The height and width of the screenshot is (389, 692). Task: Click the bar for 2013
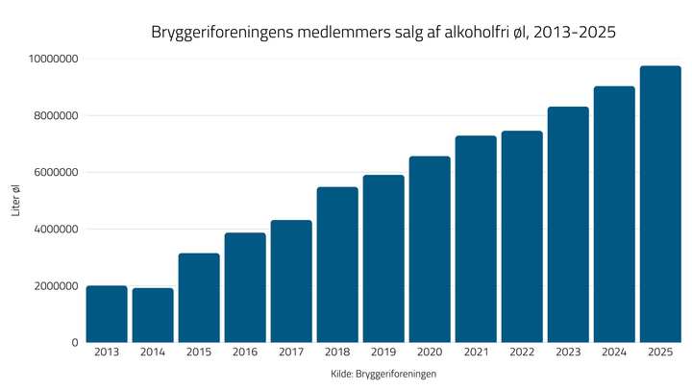coord(107,314)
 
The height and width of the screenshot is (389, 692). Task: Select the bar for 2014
coord(153,315)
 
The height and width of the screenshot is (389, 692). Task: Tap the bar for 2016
coord(245,287)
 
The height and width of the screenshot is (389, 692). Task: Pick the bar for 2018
coord(337,264)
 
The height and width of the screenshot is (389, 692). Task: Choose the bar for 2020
coord(430,249)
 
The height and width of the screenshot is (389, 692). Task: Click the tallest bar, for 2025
coord(660,204)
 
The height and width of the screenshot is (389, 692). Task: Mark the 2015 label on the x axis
coord(199,353)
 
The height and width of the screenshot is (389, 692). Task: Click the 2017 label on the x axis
coord(291,353)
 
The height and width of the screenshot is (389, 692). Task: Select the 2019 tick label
coord(383,353)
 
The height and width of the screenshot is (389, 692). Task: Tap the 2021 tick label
coord(476,353)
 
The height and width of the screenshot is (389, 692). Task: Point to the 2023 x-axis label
coord(568,353)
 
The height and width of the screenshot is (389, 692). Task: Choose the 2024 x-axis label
coord(614,353)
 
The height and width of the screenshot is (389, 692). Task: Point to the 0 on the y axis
coord(74,343)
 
